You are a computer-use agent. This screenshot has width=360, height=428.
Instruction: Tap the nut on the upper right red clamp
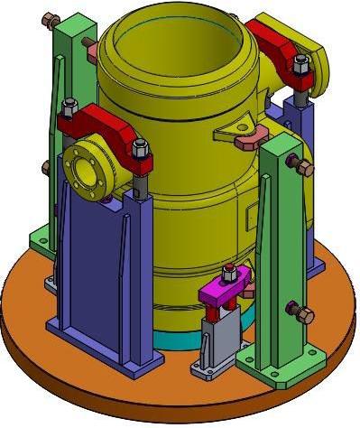pos(300,64)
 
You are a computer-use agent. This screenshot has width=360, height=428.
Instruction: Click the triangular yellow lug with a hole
pos(239,135)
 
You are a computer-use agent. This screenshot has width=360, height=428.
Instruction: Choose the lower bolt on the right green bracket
pos(301,312)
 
